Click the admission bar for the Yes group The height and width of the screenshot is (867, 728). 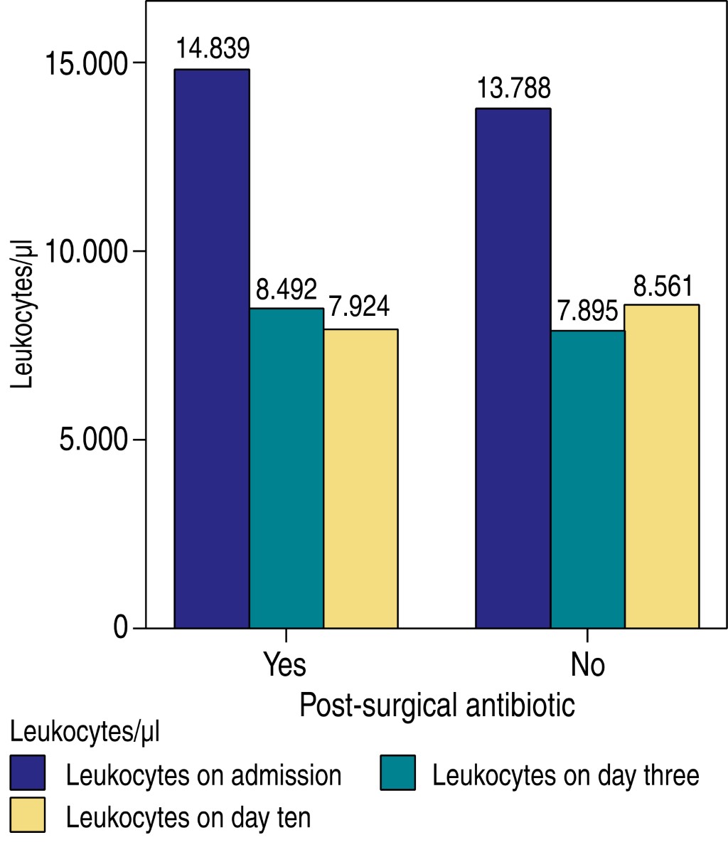pyautogui.click(x=212, y=349)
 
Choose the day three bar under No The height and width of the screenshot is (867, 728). pyautogui.click(x=587, y=479)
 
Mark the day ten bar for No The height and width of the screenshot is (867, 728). pyautogui.click(x=662, y=467)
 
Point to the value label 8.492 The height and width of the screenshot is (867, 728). pyautogui.click(x=287, y=289)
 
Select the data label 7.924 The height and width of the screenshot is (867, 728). pyautogui.click(x=360, y=307)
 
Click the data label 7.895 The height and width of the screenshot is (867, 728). pyautogui.click(x=587, y=312)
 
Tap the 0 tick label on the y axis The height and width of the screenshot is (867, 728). pyautogui.click(x=119, y=628)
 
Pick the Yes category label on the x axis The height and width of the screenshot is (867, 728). pyautogui.click(x=285, y=664)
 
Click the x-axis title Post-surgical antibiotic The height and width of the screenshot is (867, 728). pyautogui.click(x=437, y=706)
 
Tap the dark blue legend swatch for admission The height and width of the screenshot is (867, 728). pyautogui.click(x=28, y=772)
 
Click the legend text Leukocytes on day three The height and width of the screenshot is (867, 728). pyautogui.click(x=566, y=775)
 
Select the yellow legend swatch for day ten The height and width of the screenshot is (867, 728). pyautogui.click(x=28, y=814)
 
